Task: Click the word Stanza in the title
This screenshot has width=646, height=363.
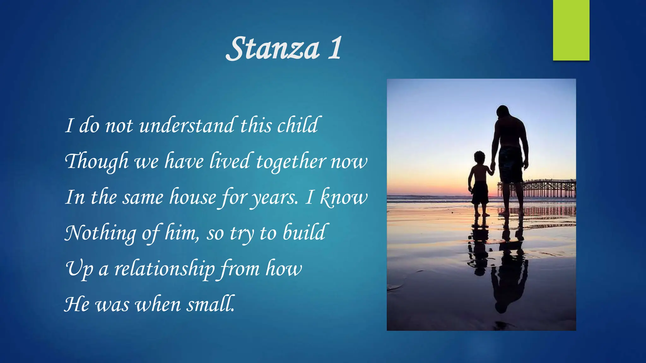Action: click(x=273, y=49)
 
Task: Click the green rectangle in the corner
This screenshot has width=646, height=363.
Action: click(x=571, y=30)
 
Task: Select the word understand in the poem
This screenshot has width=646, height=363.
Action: click(x=186, y=125)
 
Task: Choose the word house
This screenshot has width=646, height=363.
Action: click(x=192, y=197)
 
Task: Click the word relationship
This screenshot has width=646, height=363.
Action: click(x=164, y=269)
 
